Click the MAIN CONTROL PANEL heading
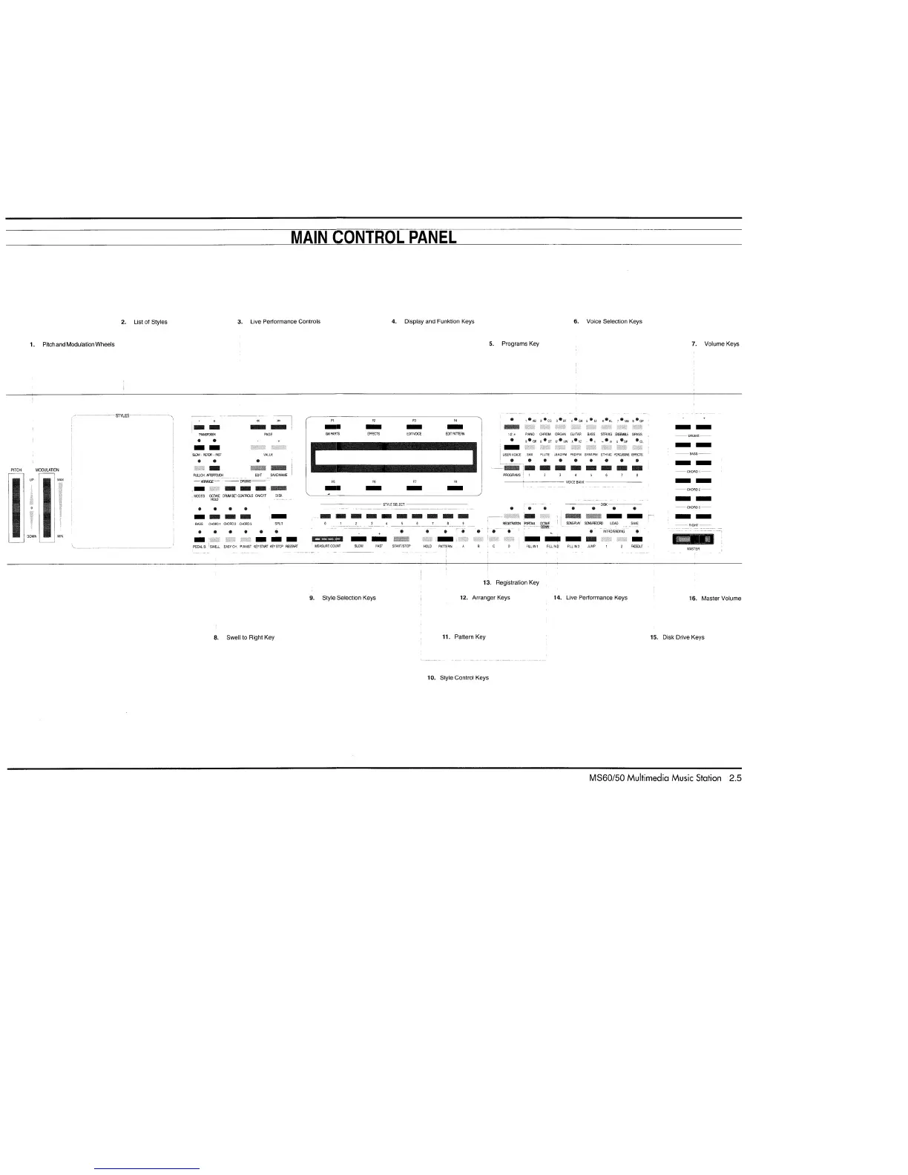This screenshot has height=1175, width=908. [373, 237]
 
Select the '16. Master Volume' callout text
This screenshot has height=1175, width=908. [715, 598]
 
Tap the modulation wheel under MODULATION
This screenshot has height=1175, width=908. [47, 508]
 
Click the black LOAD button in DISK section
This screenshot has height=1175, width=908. [614, 516]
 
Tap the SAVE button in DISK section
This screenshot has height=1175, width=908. [634, 516]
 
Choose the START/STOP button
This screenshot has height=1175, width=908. [401, 539]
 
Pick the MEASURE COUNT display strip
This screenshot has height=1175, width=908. [327, 539]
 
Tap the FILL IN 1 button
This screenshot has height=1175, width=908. [532, 539]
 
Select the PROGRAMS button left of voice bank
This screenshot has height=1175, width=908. [510, 468]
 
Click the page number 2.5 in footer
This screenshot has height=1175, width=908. [734, 778]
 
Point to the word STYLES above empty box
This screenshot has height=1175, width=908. [122, 415]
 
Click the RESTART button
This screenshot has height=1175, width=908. [292, 539]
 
